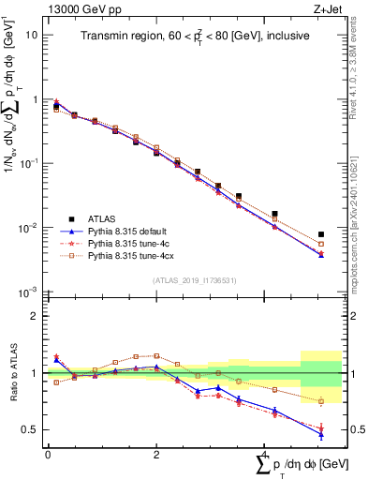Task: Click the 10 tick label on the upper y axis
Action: point(32,35)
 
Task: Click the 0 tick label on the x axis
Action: point(48,455)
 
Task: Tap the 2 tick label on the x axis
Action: point(155,455)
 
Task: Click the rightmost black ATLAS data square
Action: point(321,234)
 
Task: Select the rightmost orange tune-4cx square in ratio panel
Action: point(321,401)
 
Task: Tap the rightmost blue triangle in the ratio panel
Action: point(321,433)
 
